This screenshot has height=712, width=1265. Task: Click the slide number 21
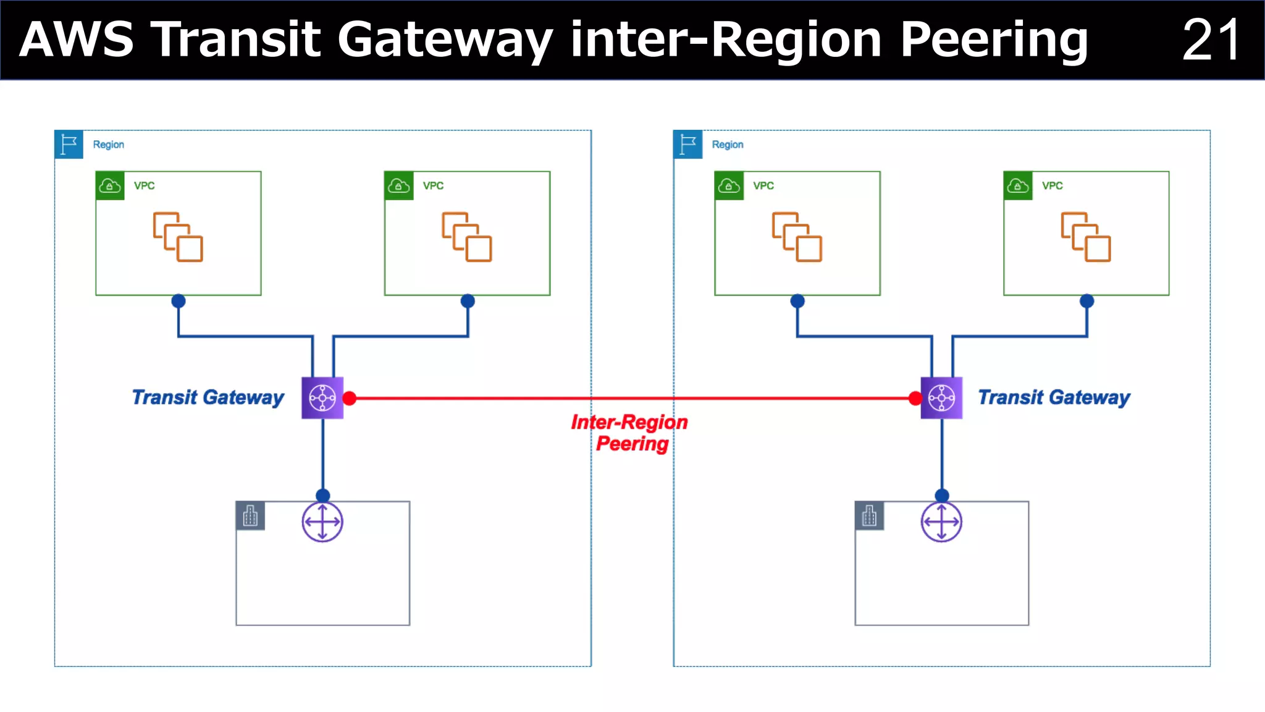coord(1211,40)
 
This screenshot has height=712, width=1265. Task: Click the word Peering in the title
coord(993,40)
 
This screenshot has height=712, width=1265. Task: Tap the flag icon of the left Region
coord(69,145)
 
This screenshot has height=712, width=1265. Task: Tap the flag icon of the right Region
coord(687,145)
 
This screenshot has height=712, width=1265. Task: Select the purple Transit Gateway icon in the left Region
coord(322,398)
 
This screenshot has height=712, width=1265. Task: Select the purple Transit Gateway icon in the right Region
coord(941,398)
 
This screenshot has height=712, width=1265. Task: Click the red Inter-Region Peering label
coord(630,433)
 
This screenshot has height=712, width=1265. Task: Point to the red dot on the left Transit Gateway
coord(350,399)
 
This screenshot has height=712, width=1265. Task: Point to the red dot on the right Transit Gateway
coord(915,399)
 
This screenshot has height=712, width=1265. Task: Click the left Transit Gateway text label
coord(208,397)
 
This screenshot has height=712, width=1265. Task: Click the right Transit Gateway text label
coord(1054,397)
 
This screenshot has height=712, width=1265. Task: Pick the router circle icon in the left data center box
coord(322,522)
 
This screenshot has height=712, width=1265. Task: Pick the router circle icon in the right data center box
coord(941,522)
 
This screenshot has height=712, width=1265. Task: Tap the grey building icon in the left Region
coord(250,516)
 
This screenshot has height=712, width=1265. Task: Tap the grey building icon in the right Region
coord(869,516)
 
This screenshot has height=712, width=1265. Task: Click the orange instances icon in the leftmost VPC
coord(178,237)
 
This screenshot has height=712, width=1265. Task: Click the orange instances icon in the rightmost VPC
coord(1086,237)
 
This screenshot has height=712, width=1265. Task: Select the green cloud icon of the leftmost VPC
coord(110,185)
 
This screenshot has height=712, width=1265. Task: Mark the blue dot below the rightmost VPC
coord(1087,301)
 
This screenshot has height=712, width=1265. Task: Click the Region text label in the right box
coord(728,145)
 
